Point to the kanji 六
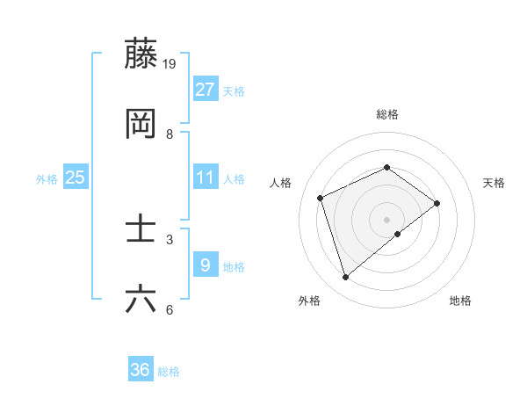point(141,299)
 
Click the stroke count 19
point(170,63)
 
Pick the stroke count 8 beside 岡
point(170,134)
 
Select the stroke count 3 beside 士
point(170,239)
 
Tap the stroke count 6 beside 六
point(170,309)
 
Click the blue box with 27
point(206,90)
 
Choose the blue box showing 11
point(206,178)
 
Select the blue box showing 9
point(206,264)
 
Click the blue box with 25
point(76,178)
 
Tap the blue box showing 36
point(141,370)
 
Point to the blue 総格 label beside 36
point(170,372)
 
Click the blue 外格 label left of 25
point(47,179)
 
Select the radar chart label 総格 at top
point(386,114)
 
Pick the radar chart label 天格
point(495,183)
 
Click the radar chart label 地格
point(460,301)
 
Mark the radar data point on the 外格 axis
point(345,278)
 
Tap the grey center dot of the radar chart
point(386,219)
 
